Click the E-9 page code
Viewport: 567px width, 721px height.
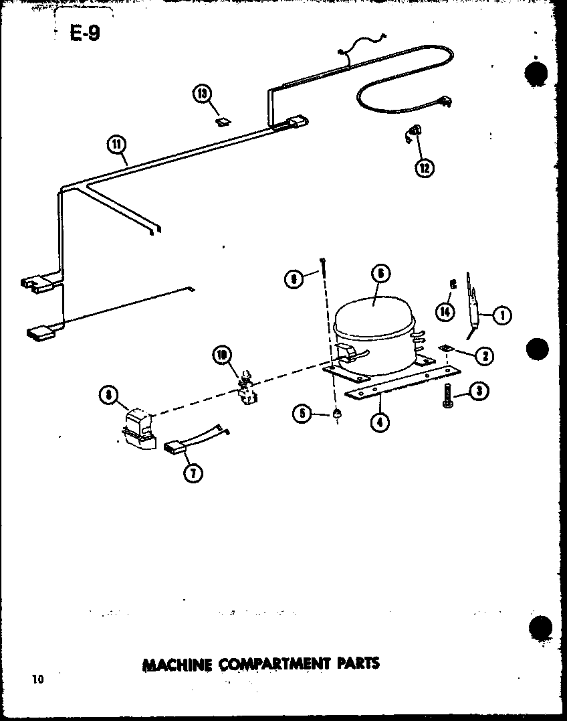(x=85, y=33)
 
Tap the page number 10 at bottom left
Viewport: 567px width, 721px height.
(x=37, y=679)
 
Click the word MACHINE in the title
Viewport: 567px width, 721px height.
(x=176, y=664)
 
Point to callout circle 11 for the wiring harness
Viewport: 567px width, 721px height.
(x=116, y=143)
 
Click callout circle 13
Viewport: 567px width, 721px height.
(x=203, y=94)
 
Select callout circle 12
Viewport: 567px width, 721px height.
(x=423, y=167)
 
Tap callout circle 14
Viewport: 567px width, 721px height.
(x=445, y=310)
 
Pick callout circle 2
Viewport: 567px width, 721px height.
(x=484, y=355)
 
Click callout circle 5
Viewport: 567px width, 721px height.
(x=302, y=414)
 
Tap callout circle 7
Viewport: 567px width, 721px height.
(x=193, y=474)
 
